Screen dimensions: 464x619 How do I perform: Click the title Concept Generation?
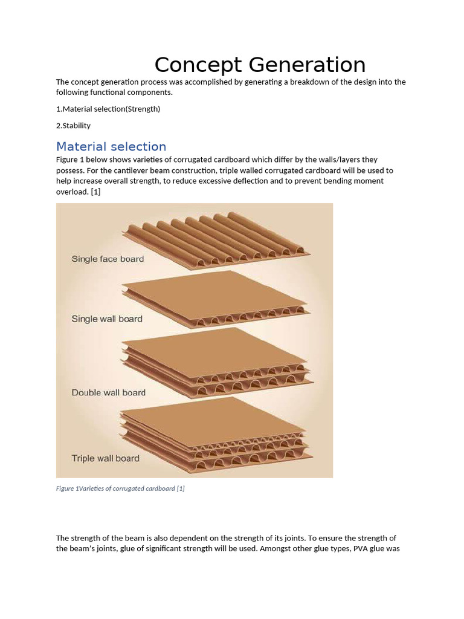point(260,65)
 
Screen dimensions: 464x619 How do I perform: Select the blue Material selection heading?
point(111,146)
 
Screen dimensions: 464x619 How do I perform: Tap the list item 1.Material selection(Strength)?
point(108,109)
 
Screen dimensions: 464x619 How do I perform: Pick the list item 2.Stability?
point(73,126)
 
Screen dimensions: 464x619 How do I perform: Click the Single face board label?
point(108,259)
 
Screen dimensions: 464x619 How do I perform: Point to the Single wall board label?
point(107,319)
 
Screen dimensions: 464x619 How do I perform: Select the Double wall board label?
point(109,392)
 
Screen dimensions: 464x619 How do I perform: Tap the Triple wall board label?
point(105,458)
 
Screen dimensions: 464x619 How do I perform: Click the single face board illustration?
point(216,241)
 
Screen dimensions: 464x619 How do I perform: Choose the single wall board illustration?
point(216,299)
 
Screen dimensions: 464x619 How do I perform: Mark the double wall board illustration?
point(217,363)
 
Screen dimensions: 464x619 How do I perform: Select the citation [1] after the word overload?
point(95,192)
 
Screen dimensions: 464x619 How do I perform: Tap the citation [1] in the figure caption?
point(181,488)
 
